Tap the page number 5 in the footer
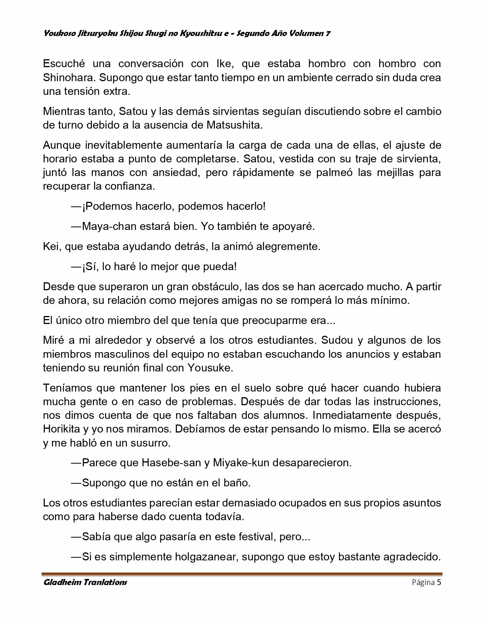point(439,582)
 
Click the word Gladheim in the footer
point(61,582)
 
